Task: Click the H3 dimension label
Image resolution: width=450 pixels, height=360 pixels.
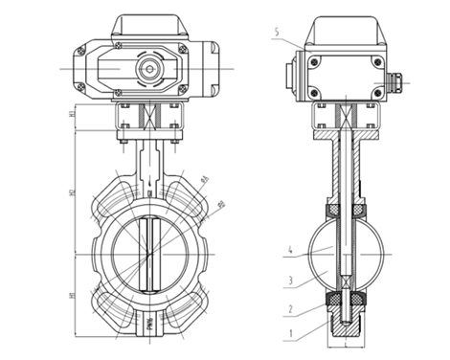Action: (x=73, y=118)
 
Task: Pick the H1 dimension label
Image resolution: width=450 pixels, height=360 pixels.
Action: (x=73, y=296)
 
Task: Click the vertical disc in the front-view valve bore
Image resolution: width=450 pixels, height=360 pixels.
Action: (x=148, y=254)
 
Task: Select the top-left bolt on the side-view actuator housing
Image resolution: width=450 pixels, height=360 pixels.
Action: (x=311, y=61)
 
